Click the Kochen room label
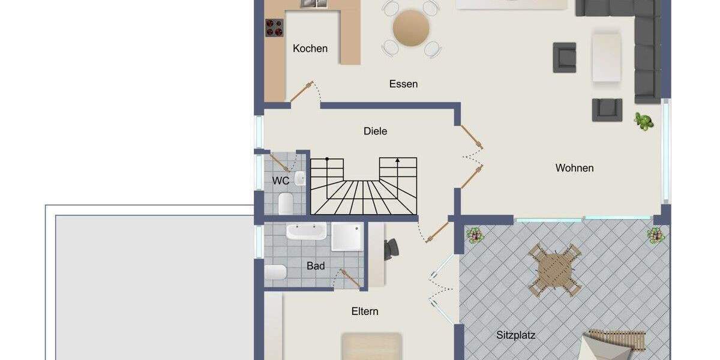(x=310, y=49)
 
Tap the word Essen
(x=403, y=84)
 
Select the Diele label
(x=376, y=131)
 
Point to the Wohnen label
(x=574, y=168)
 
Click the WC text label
(x=281, y=181)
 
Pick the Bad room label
(x=316, y=266)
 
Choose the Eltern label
(x=365, y=311)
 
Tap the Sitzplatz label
(x=515, y=335)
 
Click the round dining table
(x=412, y=28)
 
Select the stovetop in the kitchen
(x=274, y=27)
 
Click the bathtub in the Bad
(x=306, y=231)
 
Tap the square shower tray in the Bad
(x=348, y=237)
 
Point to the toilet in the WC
(x=286, y=203)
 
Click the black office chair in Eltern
(x=391, y=248)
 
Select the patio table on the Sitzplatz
(x=555, y=270)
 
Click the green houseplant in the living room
(x=644, y=121)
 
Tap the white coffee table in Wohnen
(x=607, y=58)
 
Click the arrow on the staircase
(x=397, y=161)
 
